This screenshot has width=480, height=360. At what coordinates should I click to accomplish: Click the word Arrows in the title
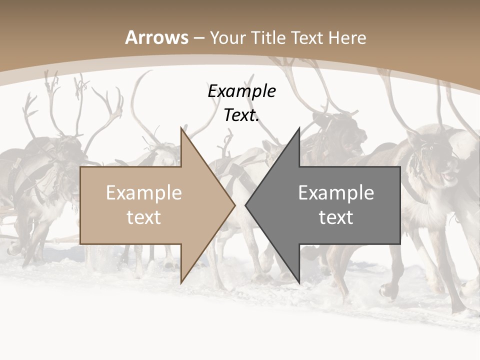pos(157,37)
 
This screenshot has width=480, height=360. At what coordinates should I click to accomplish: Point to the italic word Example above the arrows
pos(242,91)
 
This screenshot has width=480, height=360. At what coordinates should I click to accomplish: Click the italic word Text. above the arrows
pos(242,115)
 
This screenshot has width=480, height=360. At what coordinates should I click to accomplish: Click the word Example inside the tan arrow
pos(144,193)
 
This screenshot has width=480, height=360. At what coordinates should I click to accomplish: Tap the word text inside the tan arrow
pos(144,217)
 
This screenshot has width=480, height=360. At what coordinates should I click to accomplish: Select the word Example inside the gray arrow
pos(336,193)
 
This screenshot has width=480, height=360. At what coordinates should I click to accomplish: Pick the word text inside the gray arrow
pos(336,217)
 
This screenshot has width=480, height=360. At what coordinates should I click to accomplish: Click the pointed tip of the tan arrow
pos(234,205)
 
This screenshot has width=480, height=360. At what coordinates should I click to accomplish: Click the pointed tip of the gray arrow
pos(245,205)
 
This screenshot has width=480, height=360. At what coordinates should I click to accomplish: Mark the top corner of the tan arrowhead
pos(181,128)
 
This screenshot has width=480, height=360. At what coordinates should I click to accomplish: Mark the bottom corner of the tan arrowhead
pos(181,283)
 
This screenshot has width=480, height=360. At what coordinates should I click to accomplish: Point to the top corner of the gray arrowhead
pos(299,128)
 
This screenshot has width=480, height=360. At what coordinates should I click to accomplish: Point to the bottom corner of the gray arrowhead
pos(299,283)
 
